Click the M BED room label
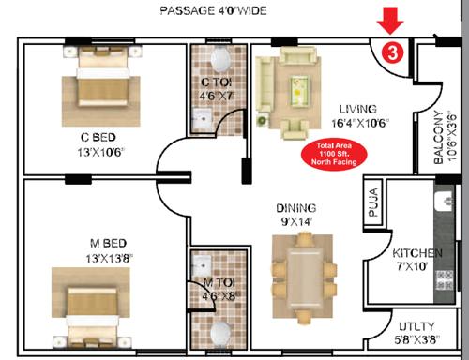click(97, 241)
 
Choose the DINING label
click(295, 207)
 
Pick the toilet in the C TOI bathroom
click(219, 61)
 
